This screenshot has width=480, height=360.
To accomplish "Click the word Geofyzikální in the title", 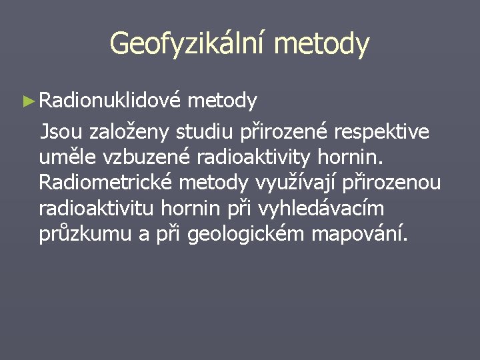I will click(187, 44).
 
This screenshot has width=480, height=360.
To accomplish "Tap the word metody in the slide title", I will click(321, 44).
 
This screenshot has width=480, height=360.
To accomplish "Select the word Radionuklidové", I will click(109, 101).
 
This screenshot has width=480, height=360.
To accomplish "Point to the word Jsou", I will click(62, 131).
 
